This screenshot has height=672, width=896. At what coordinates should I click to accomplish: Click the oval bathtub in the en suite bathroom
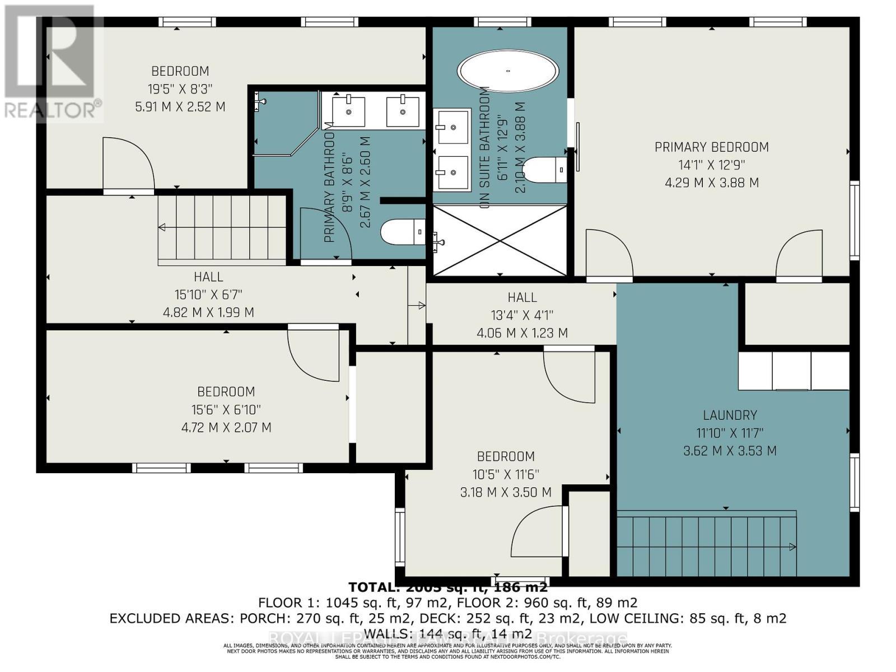(508, 72)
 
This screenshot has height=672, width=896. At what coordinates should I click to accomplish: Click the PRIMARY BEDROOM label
(711, 147)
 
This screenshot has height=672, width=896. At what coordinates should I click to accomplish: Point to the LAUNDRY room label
(730, 416)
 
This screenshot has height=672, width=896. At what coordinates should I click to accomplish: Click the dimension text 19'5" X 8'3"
(180, 89)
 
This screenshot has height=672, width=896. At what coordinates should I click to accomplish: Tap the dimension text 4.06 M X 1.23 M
(522, 333)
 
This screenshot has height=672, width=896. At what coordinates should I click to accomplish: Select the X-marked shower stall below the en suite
(500, 241)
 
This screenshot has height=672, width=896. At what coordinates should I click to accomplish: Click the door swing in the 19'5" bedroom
(128, 165)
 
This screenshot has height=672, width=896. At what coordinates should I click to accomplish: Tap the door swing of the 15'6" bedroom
(314, 354)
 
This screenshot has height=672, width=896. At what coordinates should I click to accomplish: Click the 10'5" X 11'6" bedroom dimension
(506, 475)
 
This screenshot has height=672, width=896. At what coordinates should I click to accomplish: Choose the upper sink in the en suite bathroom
(452, 126)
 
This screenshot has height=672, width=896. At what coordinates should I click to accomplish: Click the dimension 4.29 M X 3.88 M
(711, 183)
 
